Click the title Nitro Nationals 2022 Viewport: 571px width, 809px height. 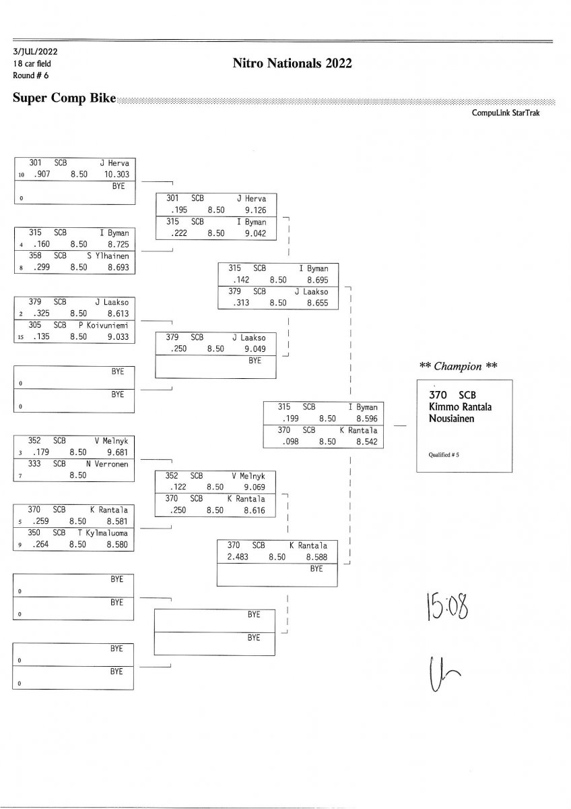click(292, 64)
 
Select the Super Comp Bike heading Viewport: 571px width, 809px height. click(64, 98)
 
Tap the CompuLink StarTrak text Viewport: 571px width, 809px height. click(510, 113)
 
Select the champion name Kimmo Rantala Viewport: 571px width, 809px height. click(461, 407)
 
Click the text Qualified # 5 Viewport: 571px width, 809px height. click(444, 454)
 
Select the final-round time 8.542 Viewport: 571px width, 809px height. click(367, 442)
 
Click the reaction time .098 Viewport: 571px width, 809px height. click(288, 442)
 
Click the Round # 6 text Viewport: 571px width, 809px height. click(31, 75)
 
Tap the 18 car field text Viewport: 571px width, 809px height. click(32, 63)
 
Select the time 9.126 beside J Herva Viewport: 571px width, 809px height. click(255, 210)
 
